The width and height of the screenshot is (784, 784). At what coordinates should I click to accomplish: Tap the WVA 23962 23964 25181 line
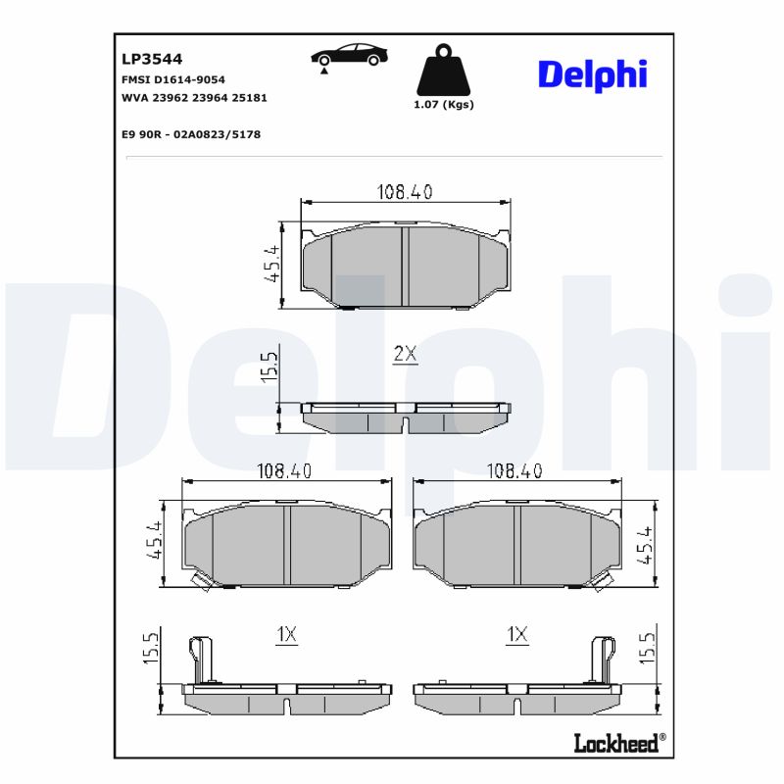[x=194, y=98]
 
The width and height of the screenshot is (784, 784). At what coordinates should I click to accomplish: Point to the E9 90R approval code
[x=190, y=134]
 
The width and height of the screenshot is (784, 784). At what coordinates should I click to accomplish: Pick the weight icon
[x=443, y=70]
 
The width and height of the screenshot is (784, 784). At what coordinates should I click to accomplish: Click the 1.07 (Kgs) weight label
[x=444, y=105]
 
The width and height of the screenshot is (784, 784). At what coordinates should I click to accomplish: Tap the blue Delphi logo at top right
[x=592, y=74]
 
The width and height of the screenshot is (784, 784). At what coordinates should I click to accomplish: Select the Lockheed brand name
[x=614, y=743]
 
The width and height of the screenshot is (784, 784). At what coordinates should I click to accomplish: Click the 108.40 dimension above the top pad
[x=405, y=192]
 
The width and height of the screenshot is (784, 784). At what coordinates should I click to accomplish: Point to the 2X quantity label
[x=405, y=355]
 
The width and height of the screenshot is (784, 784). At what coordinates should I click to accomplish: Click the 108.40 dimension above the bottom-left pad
[x=284, y=471]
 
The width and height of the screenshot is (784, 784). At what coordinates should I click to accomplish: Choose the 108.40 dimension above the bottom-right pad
[x=514, y=471]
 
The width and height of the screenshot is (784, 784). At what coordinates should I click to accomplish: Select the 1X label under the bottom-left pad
[x=286, y=635]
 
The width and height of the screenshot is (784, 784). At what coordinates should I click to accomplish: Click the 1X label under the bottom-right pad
[x=516, y=635]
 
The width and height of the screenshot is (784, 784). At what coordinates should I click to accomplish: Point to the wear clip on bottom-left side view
[x=203, y=658]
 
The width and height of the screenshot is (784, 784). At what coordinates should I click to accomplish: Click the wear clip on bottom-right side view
[x=601, y=658]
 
